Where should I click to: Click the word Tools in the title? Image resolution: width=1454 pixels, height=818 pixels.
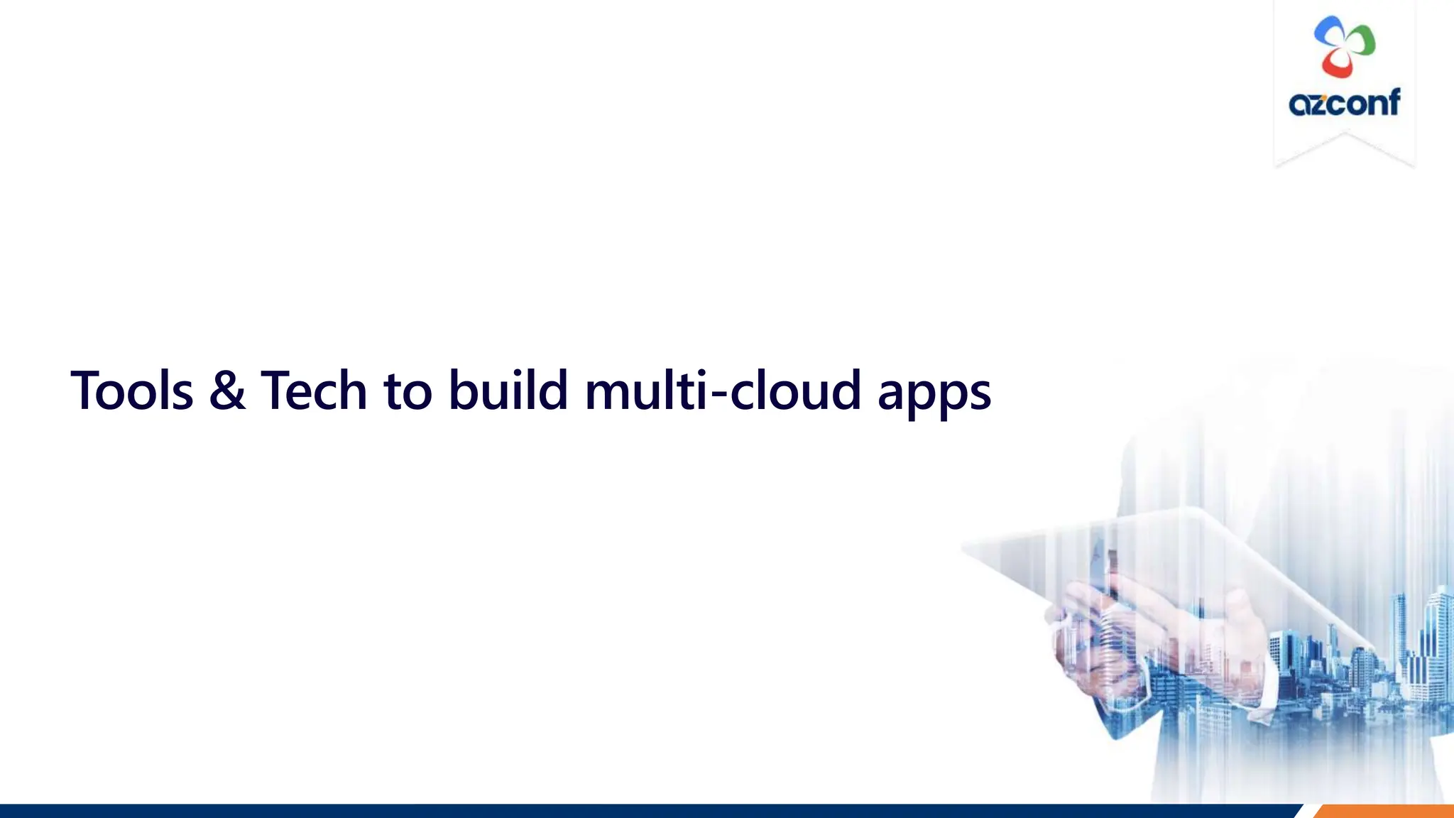click(x=132, y=391)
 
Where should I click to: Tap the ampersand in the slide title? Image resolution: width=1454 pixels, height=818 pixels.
click(x=227, y=391)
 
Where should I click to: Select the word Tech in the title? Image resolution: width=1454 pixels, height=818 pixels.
click(x=314, y=391)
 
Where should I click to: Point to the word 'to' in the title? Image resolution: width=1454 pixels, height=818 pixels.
click(x=408, y=392)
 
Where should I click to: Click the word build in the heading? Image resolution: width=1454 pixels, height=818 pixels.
click(x=508, y=391)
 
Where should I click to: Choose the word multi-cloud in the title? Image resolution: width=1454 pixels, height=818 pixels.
click(x=723, y=391)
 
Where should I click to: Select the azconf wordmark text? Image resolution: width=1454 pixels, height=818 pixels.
click(x=1344, y=104)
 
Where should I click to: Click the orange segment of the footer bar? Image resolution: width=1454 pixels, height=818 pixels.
click(x=1384, y=811)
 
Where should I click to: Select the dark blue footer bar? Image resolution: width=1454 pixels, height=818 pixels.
click(x=639, y=811)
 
